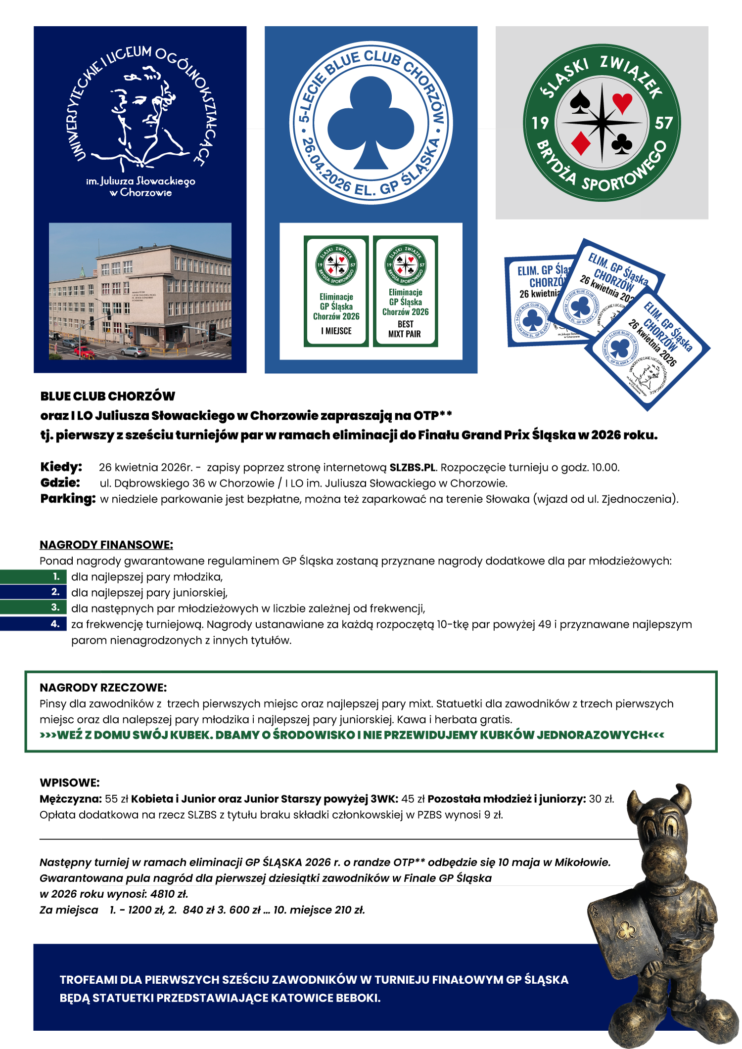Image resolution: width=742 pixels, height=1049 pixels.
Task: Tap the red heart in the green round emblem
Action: tap(622, 102)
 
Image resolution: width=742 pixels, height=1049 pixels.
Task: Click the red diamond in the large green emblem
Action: tap(581, 142)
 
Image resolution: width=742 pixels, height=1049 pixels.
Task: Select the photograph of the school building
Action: tap(140, 291)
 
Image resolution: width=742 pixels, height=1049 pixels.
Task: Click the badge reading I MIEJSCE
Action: tap(336, 291)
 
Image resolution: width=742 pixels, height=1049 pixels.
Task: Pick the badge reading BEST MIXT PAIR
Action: tap(406, 291)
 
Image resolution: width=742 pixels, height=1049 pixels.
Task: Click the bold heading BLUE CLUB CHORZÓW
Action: tap(108, 396)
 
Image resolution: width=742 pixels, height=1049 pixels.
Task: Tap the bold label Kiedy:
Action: tap(61, 467)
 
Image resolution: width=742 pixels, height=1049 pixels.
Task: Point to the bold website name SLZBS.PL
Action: tap(413, 467)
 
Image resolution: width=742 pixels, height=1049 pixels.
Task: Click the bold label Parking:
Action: tap(68, 498)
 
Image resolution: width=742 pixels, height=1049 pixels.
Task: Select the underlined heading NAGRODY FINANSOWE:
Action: tap(106, 545)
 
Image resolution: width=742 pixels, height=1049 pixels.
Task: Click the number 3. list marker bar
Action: tap(34, 608)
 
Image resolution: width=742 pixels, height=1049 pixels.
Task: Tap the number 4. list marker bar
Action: tap(34, 624)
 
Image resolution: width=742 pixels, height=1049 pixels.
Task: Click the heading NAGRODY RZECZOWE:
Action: tap(103, 687)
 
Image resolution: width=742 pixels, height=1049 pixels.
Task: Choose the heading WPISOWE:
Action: tap(70, 783)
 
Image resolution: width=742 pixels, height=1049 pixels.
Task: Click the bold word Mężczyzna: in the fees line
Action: tap(71, 799)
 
